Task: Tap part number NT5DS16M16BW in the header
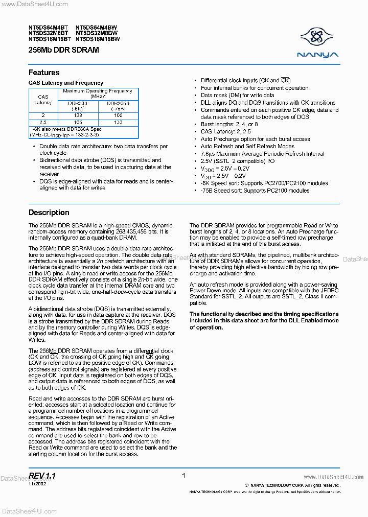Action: click(98, 38)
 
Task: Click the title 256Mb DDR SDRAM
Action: click(64, 50)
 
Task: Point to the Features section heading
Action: click(44, 73)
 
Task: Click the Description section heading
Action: click(49, 213)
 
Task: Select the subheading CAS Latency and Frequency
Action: click(66, 83)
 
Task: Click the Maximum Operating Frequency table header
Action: click(97, 93)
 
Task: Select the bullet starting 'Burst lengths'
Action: click(229, 124)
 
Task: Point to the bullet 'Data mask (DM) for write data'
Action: click(237, 95)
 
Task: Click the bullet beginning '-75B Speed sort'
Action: click(255, 191)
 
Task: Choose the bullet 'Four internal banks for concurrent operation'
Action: click(254, 88)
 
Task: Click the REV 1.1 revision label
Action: click(42, 476)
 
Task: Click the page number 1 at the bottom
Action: click(183, 475)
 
